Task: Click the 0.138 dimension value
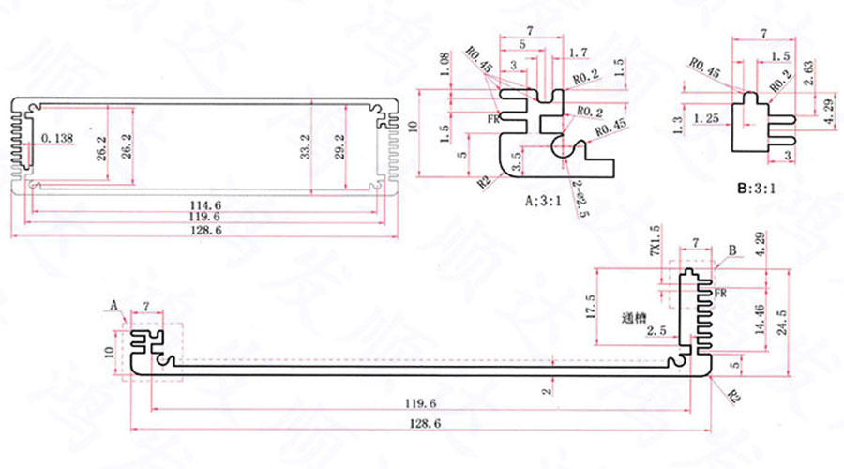[x=58, y=139]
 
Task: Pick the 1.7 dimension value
[x=579, y=51]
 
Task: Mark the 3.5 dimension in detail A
[x=515, y=154]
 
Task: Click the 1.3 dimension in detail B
[x=679, y=123]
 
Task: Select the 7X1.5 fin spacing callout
[x=655, y=243]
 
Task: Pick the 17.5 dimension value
[x=590, y=305]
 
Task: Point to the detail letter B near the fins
[x=735, y=251]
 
